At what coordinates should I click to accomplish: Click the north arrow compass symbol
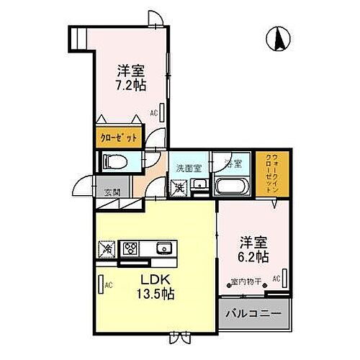point(277,39)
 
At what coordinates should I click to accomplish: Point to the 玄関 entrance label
point(112,192)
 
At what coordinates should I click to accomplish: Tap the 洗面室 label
point(188,168)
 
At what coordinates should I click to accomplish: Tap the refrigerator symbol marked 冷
point(106,249)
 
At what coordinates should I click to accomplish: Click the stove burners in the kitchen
point(131,249)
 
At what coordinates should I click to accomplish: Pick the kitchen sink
point(164,249)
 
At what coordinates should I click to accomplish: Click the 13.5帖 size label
point(155,294)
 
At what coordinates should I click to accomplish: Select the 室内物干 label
point(246,281)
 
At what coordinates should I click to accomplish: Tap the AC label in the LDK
point(109,285)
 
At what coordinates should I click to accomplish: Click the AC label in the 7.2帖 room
point(154,113)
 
